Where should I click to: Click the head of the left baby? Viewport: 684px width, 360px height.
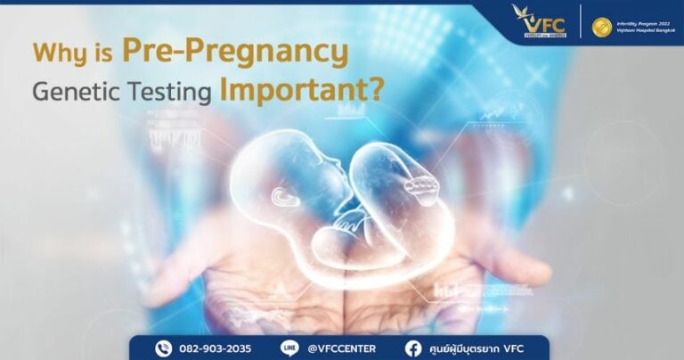click(280, 161)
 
